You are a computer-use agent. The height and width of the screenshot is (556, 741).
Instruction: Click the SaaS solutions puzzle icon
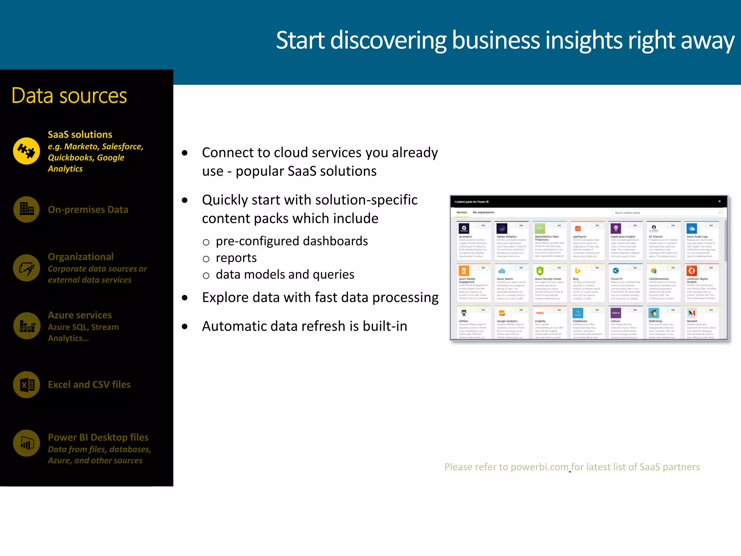26,151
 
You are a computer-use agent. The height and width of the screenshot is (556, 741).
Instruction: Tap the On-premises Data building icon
26,209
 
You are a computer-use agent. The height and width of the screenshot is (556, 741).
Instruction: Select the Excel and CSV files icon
26,384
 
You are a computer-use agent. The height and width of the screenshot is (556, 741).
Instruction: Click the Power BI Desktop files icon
26,443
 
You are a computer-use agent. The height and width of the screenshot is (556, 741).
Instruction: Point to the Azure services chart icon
26,326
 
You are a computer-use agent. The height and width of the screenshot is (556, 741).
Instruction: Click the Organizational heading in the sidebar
81,257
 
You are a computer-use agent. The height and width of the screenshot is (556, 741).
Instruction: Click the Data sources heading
69,96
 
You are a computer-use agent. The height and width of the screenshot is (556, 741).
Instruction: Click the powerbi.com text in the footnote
539,467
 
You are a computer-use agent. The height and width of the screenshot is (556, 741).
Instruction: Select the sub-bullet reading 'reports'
236,258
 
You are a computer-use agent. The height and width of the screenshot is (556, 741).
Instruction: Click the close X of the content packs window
719,201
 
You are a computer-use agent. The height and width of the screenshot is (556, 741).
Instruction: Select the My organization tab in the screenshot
483,212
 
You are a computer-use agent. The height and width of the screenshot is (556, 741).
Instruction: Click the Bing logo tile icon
577,270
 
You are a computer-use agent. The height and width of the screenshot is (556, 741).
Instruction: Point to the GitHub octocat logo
464,313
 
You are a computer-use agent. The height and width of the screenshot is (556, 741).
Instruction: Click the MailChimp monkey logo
653,313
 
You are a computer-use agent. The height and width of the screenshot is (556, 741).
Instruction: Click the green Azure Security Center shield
540,270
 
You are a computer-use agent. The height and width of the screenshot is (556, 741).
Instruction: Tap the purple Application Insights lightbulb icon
615,228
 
